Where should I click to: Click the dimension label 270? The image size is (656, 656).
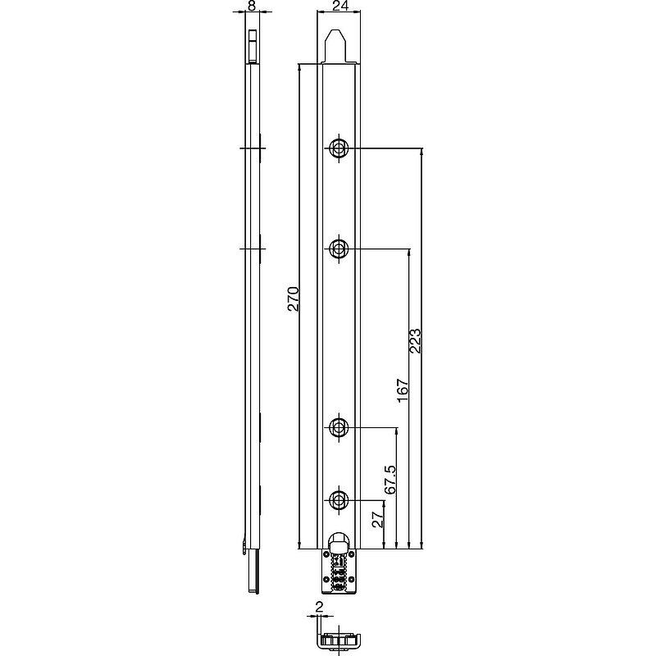coord(294,298)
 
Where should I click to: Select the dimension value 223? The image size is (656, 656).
coord(416,340)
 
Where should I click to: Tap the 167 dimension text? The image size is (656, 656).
coord(403,390)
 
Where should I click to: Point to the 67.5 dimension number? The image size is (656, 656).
coord(390,479)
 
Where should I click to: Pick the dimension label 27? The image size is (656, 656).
coord(378,519)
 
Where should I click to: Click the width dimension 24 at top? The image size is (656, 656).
coord(339,6)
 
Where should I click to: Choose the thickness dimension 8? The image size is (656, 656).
coord(252,6)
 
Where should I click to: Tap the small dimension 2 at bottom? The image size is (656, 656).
coord(319,607)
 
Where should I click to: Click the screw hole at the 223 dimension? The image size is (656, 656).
coord(339,148)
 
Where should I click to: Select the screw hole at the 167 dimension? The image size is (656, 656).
coord(339,249)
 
